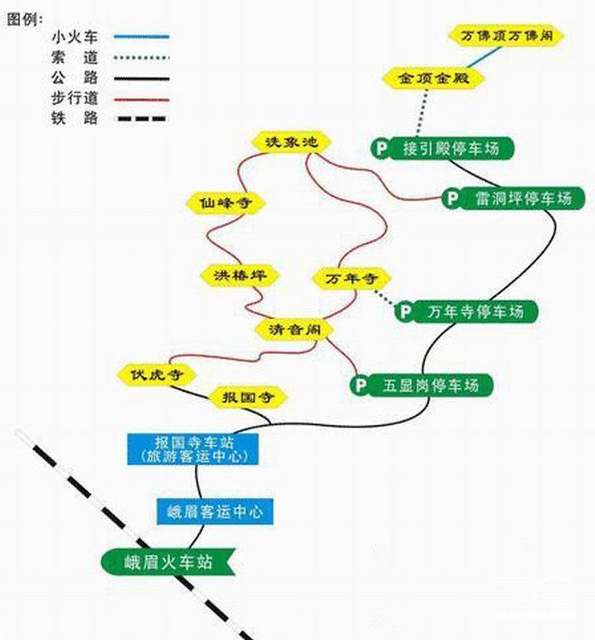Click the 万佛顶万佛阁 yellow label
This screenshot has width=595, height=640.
click(507, 36)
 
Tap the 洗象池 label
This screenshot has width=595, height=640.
click(291, 142)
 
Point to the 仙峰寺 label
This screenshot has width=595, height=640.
click(221, 202)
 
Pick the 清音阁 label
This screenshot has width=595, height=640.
click(293, 329)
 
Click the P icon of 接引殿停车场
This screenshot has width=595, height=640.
click(381, 148)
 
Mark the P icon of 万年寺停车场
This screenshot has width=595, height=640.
click(404, 312)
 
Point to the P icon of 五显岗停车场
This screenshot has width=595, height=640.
click(359, 384)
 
